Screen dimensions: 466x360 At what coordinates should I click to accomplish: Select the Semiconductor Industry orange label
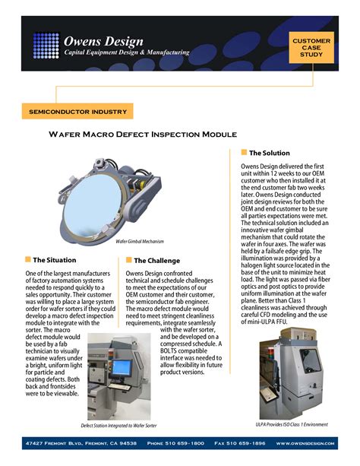coord(77,112)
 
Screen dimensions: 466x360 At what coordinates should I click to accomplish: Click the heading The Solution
coord(270,153)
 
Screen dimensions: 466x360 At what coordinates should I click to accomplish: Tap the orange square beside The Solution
coord(243,153)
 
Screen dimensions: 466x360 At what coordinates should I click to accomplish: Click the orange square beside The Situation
coord(28,259)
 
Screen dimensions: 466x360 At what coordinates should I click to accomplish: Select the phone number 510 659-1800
coord(175,442)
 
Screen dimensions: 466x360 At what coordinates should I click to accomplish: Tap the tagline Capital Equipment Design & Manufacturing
coord(126,52)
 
